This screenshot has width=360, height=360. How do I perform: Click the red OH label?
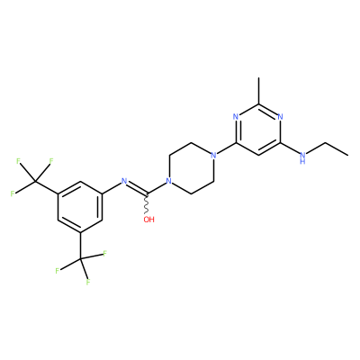click(148, 220)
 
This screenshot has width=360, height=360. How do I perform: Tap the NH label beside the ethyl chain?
click(303, 157)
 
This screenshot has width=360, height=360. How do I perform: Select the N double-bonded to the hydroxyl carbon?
click(124, 181)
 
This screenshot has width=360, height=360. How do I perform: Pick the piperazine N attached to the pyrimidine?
click(213, 156)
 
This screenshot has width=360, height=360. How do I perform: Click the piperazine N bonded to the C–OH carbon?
click(169, 181)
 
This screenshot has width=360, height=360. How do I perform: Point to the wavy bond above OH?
click(147, 204)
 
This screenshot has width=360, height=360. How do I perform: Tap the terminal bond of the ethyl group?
click(337, 149)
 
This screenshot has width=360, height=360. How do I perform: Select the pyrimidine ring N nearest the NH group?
click(281, 117)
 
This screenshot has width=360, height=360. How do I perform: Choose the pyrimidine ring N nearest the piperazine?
click(236, 117)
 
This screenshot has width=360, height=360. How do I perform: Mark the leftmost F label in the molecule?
click(13, 193)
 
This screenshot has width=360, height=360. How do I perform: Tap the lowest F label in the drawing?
click(88, 283)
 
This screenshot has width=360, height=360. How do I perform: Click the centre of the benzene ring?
click(80, 207)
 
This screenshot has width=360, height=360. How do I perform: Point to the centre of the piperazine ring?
click(191, 168)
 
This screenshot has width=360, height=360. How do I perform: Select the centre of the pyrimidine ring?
click(258, 130)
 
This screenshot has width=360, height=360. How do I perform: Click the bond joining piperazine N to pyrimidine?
click(226, 148)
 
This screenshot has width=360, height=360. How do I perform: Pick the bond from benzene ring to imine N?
click(112, 188)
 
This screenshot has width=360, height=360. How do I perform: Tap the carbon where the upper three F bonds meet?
click(35, 181)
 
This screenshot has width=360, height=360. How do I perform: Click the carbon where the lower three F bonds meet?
click(80, 258)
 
